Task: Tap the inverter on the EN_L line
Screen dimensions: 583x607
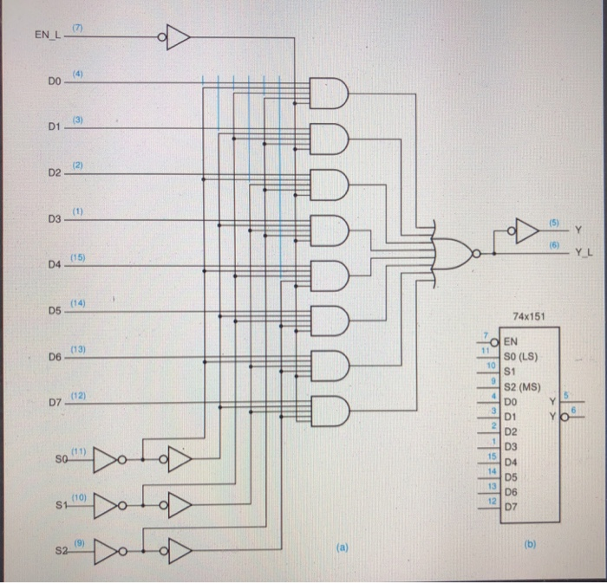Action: point(175,36)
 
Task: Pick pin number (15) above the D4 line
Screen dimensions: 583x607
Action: point(78,257)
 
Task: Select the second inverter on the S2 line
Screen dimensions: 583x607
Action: point(178,549)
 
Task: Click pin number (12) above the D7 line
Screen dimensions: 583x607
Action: point(78,395)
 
